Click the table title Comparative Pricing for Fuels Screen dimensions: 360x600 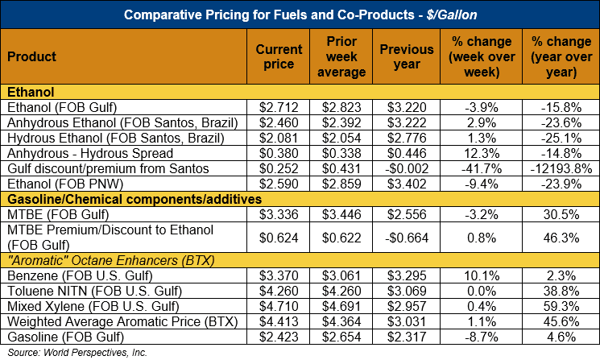pos(300,14)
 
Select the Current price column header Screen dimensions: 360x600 pos(279,56)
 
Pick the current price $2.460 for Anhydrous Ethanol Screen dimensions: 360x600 pos(279,122)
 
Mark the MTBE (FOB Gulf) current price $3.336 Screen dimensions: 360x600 pos(279,217)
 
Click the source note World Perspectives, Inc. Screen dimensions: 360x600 pos(58,354)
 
